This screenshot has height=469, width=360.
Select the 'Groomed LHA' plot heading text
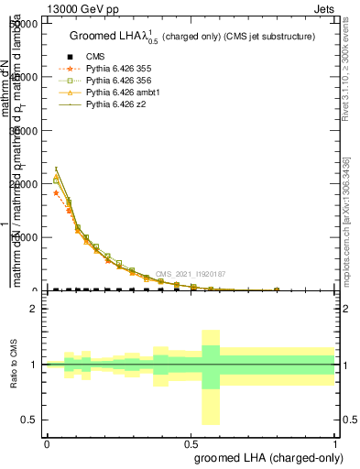coord(192,37)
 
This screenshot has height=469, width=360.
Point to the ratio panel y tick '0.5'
coord(30,420)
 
